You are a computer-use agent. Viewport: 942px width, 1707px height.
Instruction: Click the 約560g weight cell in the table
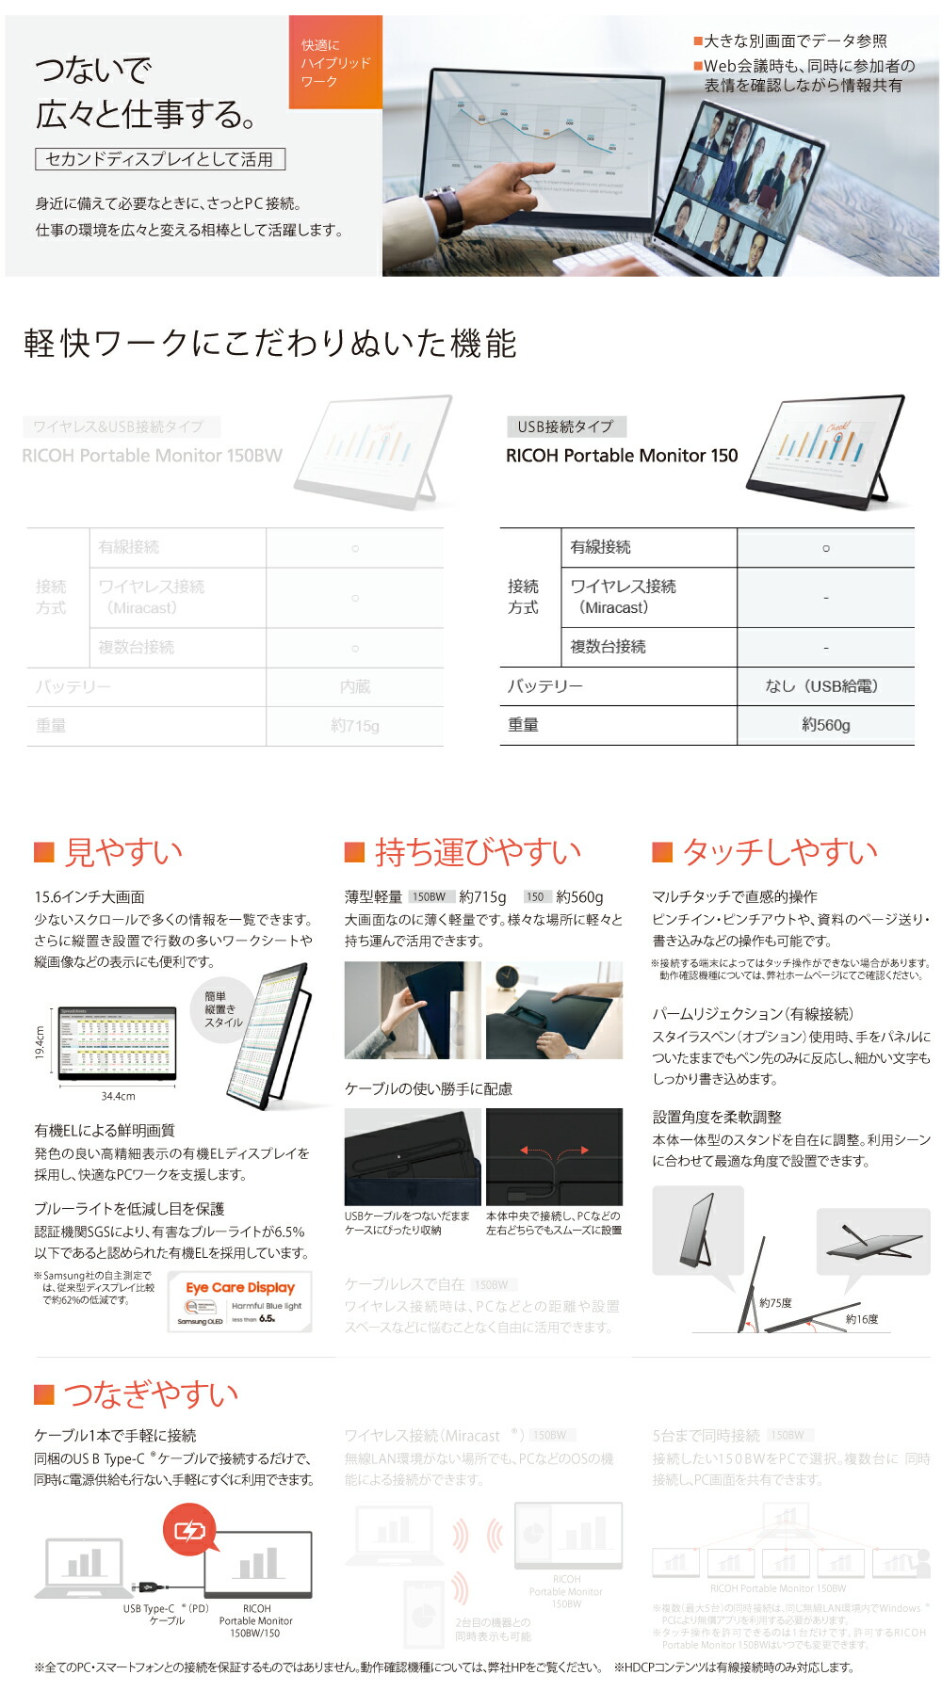click(825, 725)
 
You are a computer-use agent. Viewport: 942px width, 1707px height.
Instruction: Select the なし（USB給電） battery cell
click(825, 686)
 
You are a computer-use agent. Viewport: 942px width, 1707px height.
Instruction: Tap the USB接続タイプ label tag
click(565, 427)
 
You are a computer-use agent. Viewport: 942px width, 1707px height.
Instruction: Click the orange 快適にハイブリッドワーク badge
click(335, 62)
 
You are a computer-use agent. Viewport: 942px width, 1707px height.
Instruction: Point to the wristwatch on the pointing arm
click(450, 209)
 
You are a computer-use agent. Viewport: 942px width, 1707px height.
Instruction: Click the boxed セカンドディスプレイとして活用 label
click(160, 159)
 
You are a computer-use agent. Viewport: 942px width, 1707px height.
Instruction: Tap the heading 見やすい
click(122, 852)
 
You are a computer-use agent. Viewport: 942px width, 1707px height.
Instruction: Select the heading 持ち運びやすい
click(477, 852)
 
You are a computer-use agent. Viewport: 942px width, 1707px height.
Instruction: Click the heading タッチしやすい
click(779, 852)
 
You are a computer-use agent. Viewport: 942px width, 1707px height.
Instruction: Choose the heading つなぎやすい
click(150, 1393)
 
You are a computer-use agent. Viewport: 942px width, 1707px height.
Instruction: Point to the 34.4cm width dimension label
click(118, 1096)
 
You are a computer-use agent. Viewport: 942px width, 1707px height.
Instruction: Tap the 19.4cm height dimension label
click(41, 1042)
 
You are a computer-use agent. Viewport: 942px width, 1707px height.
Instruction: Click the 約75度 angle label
click(775, 1303)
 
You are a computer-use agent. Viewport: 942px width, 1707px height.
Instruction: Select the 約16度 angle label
click(861, 1319)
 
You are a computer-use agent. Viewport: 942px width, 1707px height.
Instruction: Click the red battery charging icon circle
click(189, 1531)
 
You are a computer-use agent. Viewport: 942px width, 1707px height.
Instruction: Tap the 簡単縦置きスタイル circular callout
click(223, 1009)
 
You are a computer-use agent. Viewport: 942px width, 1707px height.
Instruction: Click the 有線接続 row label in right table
click(601, 547)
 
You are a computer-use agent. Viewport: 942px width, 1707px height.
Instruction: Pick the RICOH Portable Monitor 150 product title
click(622, 456)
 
